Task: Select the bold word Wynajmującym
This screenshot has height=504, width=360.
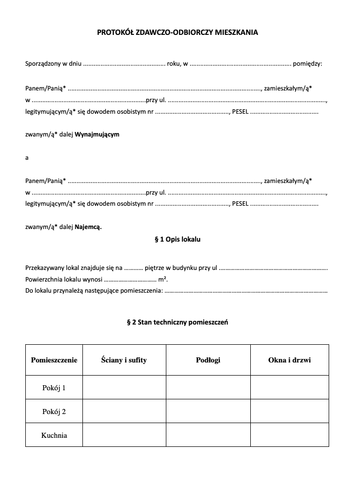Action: [x=97, y=134]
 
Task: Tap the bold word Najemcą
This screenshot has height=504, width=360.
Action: [x=88, y=227]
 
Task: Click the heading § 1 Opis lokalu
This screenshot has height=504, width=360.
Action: [x=177, y=239]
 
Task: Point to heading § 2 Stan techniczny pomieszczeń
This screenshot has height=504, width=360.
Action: [x=177, y=322]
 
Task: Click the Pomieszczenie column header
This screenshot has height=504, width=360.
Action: [x=54, y=360]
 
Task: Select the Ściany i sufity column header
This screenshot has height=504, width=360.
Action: [x=124, y=360]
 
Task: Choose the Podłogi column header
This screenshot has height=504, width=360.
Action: [x=208, y=360]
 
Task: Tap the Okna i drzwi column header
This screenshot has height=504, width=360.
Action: [x=289, y=360]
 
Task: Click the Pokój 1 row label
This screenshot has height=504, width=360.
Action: [x=54, y=388]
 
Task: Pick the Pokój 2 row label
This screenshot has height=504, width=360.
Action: [x=54, y=411]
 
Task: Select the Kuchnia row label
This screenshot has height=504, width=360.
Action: [x=54, y=435]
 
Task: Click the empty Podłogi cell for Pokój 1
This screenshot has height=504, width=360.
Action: [x=208, y=388]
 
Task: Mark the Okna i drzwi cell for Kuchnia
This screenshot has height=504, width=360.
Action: [x=289, y=435]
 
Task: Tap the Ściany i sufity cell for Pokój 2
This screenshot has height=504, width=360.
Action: [x=124, y=411]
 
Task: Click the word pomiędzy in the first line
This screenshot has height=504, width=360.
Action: [x=307, y=64]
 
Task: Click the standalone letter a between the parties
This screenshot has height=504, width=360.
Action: [x=27, y=158]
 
